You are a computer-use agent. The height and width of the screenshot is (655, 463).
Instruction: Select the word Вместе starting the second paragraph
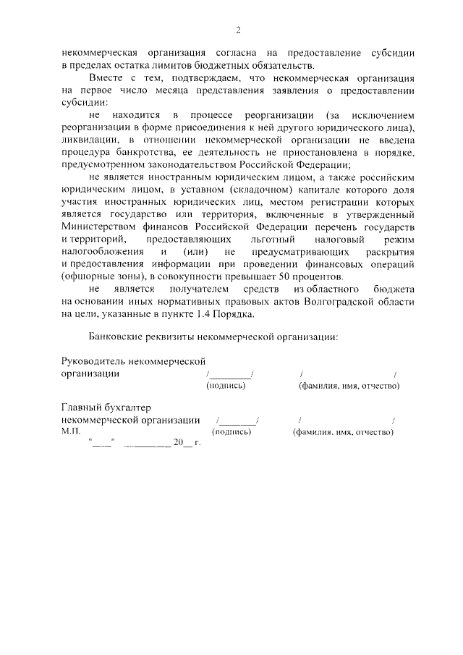coord(106,77)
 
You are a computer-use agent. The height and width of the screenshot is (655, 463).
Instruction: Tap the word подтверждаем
coord(184,77)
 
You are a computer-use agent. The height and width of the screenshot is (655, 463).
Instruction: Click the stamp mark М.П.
coord(73,432)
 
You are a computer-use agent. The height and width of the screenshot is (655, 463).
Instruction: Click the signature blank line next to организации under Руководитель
coord(230,375)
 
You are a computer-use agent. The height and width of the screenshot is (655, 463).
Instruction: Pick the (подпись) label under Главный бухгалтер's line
coord(231,432)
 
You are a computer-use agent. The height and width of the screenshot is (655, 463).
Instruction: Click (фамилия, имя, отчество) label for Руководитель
coord(349,386)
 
